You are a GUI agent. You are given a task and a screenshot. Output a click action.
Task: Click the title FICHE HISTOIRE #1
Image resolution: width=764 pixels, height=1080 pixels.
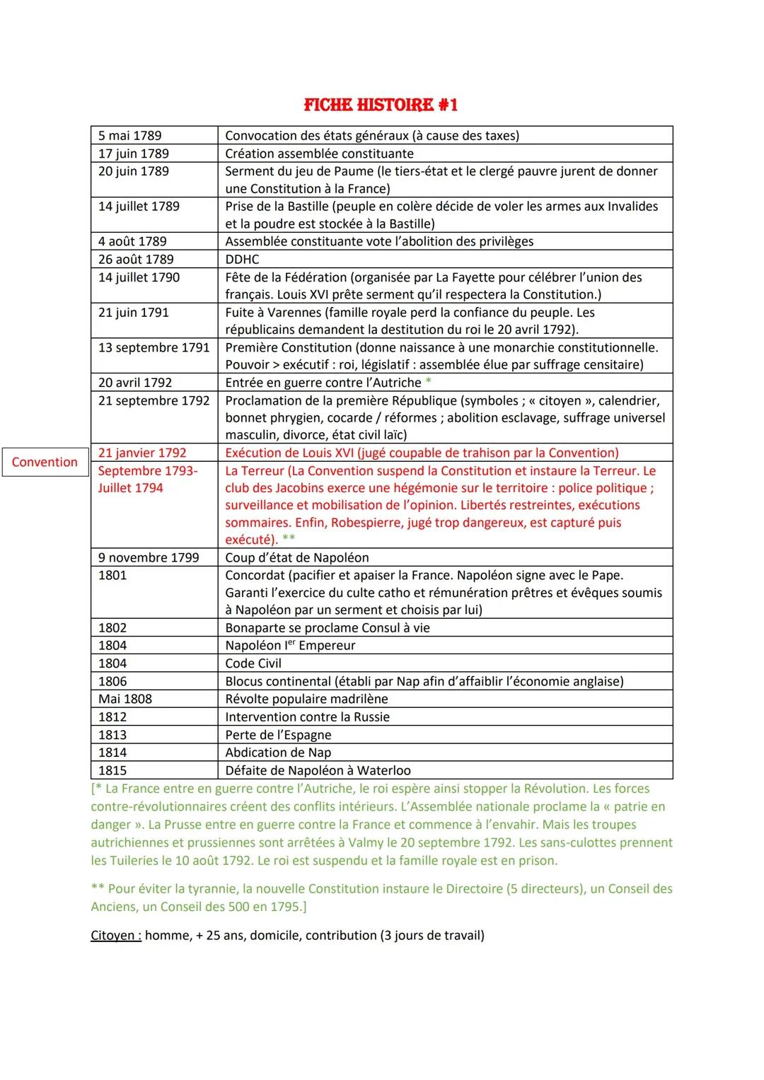pos(381,105)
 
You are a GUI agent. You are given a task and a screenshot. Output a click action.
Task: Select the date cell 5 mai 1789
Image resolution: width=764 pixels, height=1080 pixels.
pos(130,136)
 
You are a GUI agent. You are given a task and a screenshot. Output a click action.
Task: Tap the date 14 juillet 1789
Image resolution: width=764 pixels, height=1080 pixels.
pos(139,207)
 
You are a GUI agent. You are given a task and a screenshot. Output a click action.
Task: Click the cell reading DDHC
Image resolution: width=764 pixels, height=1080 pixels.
pos(242,260)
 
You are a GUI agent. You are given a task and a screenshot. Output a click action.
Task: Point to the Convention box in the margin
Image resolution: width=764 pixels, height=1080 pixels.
pos(45,462)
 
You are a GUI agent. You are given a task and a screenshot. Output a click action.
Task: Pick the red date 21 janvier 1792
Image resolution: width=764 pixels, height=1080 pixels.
pos(142,453)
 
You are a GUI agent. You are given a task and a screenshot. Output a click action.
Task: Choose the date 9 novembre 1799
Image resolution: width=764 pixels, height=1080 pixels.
pos(149,558)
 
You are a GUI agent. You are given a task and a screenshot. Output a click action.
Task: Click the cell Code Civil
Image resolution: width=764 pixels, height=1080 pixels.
pos(253,663)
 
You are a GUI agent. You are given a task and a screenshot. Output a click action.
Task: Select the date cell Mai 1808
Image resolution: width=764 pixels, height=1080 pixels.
pos(125,699)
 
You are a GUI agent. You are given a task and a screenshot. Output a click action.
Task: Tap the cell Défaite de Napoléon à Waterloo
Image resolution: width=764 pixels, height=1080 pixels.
pos(318,770)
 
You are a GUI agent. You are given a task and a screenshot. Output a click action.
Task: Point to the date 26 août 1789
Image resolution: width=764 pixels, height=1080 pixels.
pos(136,260)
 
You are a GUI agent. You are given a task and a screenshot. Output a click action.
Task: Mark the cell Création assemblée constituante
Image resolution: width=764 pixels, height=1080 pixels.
pos(319,153)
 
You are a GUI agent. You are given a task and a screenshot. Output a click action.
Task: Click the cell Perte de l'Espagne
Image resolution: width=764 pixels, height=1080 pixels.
pos(278,735)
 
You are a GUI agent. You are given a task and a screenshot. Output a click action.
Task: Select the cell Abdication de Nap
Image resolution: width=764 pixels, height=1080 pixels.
pos(278,753)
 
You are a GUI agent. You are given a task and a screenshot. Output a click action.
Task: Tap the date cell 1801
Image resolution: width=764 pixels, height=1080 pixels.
pos(112,575)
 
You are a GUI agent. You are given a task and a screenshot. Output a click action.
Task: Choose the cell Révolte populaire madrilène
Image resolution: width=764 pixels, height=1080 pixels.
pos(306,699)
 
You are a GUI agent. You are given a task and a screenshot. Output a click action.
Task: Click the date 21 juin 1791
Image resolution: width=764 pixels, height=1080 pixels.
pos(134,313)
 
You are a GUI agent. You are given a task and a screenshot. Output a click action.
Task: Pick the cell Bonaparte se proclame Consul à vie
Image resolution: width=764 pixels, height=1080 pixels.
pos(328,628)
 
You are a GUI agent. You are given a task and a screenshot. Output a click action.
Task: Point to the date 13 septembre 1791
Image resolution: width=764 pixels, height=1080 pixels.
pos(154,348)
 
